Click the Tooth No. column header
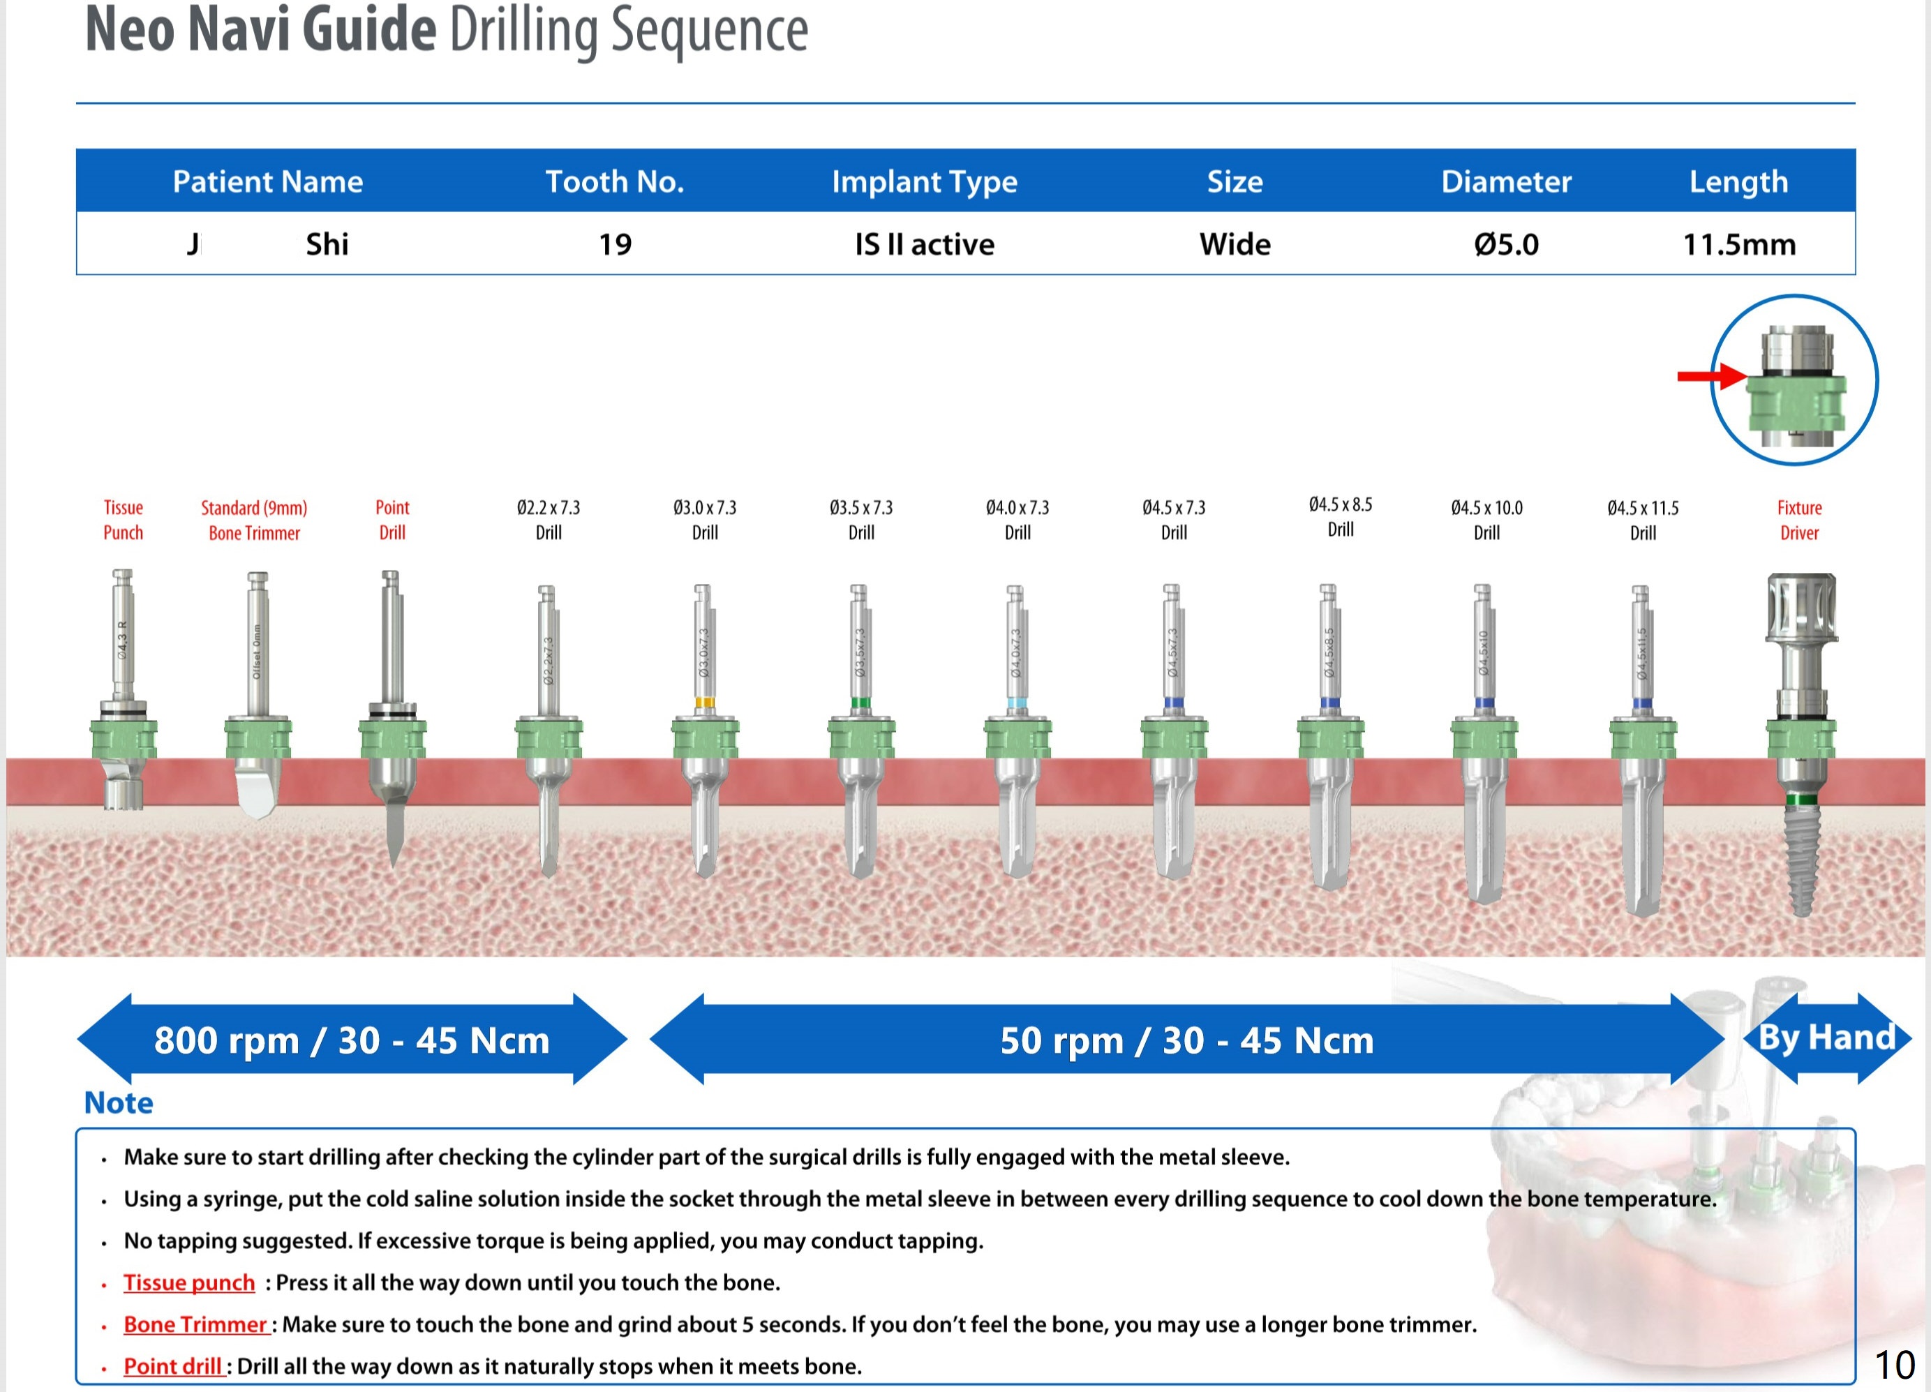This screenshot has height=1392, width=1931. (615, 181)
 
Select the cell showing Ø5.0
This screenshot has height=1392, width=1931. (1506, 244)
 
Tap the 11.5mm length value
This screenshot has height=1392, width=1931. (1738, 244)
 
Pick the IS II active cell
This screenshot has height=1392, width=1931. (925, 244)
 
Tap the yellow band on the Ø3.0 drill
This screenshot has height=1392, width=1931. (704, 703)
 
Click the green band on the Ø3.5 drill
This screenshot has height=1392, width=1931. (860, 703)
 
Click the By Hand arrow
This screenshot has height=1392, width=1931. (1826, 1038)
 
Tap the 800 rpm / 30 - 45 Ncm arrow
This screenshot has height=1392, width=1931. (352, 1040)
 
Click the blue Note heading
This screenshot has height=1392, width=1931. (119, 1102)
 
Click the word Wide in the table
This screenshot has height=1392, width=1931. (1235, 244)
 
